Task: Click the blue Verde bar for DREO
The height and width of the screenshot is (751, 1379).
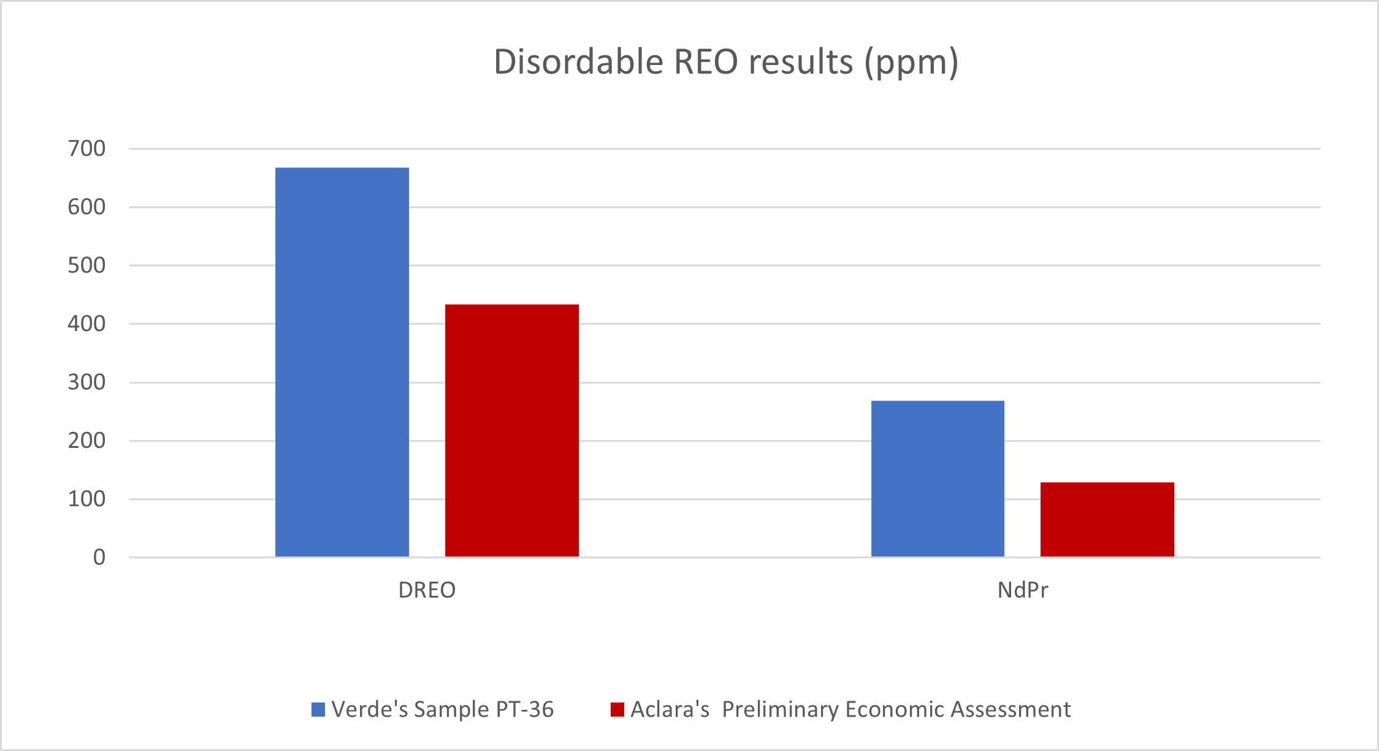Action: [342, 362]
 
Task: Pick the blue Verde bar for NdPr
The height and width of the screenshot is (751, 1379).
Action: [938, 479]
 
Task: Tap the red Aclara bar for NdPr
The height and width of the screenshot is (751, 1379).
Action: [1107, 520]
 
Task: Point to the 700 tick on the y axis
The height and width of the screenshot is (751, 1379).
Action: [86, 148]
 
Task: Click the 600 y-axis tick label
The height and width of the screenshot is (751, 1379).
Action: [86, 207]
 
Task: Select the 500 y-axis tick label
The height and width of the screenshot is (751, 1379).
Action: [86, 266]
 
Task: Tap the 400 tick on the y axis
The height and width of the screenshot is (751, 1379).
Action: [86, 324]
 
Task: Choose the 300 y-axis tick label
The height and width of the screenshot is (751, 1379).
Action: [86, 382]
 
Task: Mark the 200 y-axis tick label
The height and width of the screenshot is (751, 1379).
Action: [86, 441]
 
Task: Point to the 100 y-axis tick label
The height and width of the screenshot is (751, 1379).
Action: [86, 499]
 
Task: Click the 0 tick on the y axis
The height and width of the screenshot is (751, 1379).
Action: [99, 557]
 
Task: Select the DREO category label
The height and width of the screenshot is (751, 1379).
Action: [427, 590]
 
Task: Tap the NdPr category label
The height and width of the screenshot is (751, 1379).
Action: [1023, 590]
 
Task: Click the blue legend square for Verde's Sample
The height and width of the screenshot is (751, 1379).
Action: [318, 710]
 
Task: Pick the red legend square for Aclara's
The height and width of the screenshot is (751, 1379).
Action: [617, 710]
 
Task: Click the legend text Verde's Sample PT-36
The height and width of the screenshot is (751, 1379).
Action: [442, 710]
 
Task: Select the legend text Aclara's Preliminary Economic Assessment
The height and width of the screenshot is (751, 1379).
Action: [850, 710]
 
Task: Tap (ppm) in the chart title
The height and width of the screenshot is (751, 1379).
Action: [911, 63]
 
